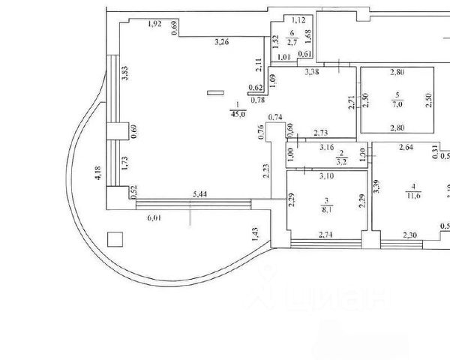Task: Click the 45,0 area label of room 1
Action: pos(237,114)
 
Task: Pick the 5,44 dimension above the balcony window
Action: pos(199,195)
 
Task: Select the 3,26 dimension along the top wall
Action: pos(221,42)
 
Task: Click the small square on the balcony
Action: pos(115,239)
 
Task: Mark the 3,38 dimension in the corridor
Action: pos(313,73)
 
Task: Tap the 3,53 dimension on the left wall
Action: pos(126,75)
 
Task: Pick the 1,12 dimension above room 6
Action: pos(298,20)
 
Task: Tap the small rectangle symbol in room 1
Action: pos(216,94)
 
